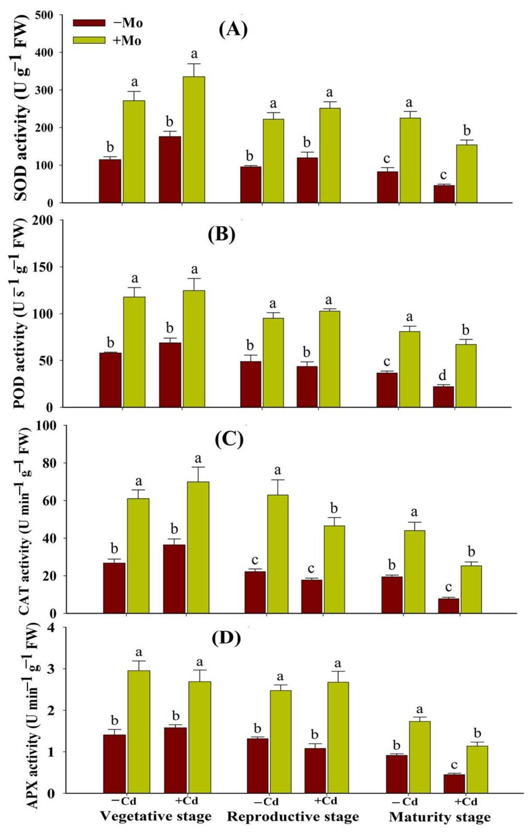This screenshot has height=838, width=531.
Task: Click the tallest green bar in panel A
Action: point(194,139)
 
